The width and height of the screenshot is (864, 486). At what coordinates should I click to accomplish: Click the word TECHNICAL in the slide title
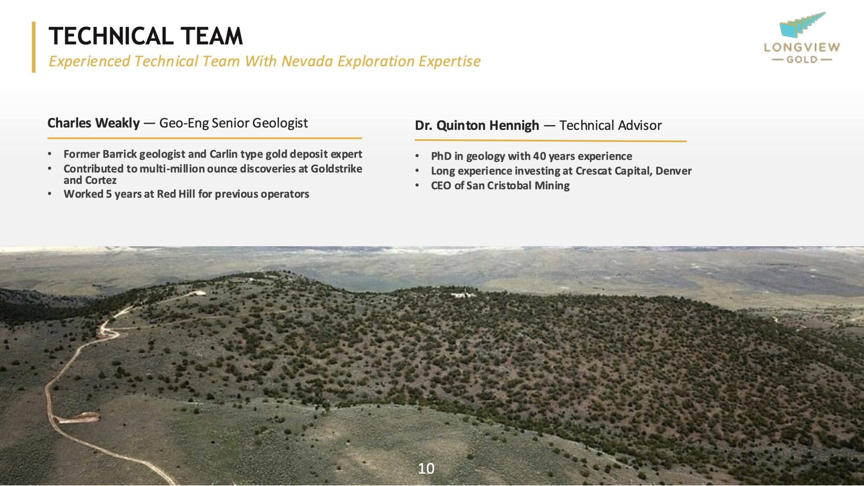[x=111, y=36]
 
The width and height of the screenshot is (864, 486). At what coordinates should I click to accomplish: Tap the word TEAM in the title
[x=212, y=36]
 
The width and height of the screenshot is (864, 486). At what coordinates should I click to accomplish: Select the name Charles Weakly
[x=93, y=123]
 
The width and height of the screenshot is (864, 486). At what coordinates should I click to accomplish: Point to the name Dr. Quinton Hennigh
[x=477, y=126]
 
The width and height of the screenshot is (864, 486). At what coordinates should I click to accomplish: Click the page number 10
[x=426, y=468]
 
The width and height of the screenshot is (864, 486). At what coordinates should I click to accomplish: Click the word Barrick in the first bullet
[x=120, y=154]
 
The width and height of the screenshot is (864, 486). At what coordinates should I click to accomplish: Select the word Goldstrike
[x=336, y=169]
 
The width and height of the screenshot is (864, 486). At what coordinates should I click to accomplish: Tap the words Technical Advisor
[x=611, y=126]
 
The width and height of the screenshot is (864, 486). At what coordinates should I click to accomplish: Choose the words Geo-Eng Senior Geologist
[x=234, y=123]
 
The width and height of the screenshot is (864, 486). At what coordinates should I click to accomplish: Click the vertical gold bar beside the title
[x=34, y=47]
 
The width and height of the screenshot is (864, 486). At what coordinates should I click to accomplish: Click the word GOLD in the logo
[x=802, y=60]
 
